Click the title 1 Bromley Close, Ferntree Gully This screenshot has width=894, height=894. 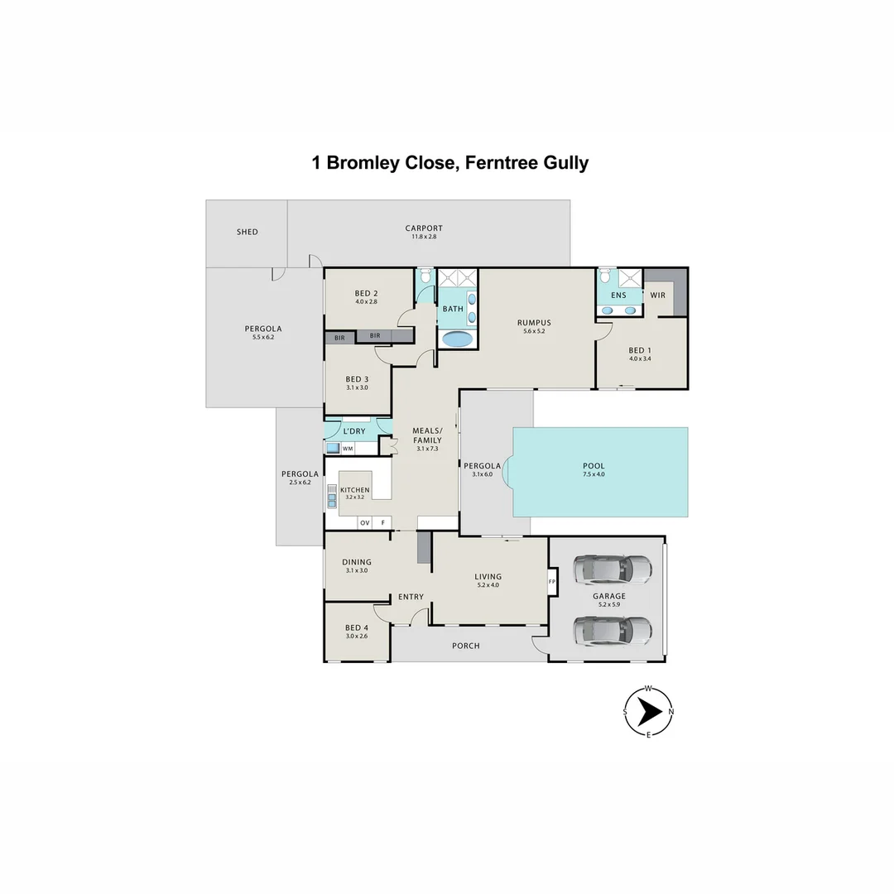[x=449, y=162]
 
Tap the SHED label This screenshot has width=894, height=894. [x=248, y=233]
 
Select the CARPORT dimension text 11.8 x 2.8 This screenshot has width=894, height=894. [x=424, y=237]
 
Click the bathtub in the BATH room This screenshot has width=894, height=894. [x=457, y=339]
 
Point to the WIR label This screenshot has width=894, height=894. [x=658, y=295]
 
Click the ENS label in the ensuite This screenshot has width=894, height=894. [x=618, y=295]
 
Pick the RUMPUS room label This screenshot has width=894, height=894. [x=534, y=323]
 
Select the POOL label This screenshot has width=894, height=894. [x=594, y=466]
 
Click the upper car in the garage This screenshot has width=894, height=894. [x=613, y=569]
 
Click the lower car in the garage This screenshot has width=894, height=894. [x=613, y=631]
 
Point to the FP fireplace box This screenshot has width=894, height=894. [x=552, y=581]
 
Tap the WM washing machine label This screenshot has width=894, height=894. [x=348, y=449]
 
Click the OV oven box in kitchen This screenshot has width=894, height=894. [x=364, y=523]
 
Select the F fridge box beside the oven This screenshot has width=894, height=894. [x=382, y=523]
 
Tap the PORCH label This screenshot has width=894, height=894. [x=466, y=646]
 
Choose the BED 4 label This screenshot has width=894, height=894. [x=357, y=627]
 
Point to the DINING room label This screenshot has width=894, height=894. [x=357, y=562]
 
